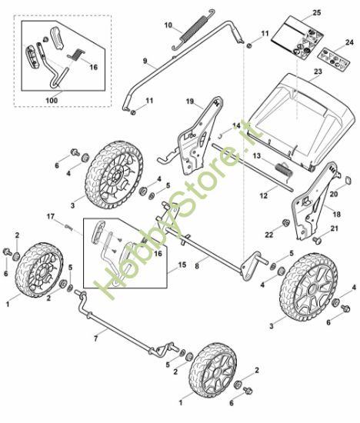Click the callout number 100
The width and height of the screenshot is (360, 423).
51,100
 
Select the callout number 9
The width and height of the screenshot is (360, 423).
144,61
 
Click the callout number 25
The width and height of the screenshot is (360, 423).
316,15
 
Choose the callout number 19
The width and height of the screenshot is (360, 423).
190,101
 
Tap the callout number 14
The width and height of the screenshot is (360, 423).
236,125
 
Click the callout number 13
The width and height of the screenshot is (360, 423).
258,155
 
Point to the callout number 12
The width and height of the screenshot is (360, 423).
262,197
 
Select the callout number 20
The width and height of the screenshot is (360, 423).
334,194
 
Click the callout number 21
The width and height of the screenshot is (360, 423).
334,229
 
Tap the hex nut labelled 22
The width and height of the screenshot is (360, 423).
285,223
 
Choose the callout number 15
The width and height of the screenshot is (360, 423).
182,265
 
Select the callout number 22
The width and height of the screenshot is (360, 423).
270,234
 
